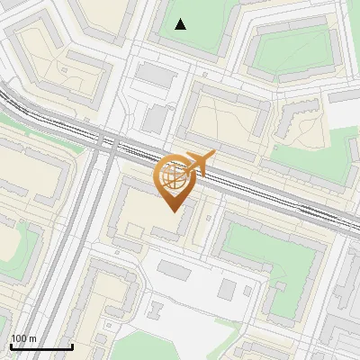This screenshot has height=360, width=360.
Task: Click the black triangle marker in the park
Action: click(x=181, y=24)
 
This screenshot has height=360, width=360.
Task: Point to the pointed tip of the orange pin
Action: click(x=172, y=211)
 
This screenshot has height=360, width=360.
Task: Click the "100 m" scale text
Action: click(x=24, y=338)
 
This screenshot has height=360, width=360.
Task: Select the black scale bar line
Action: click(x=41, y=346)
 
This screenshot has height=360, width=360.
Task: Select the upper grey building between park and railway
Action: click(x=157, y=76)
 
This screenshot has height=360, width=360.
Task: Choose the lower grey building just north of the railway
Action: click(x=156, y=118)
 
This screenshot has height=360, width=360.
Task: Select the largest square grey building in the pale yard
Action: click(x=226, y=289)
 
